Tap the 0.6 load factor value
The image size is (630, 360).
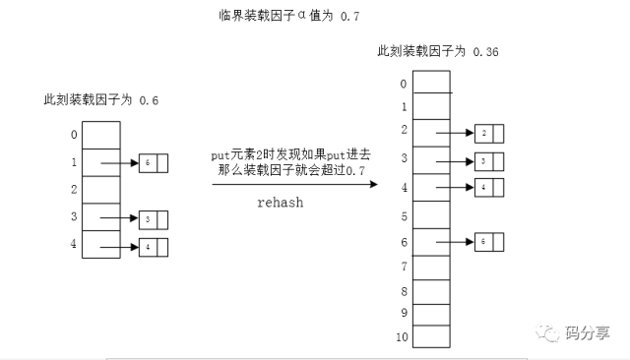pyautogui.click(x=149, y=100)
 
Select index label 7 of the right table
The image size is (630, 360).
pyautogui.click(x=403, y=266)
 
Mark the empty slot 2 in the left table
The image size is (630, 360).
pyautogui.click(x=100, y=189)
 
